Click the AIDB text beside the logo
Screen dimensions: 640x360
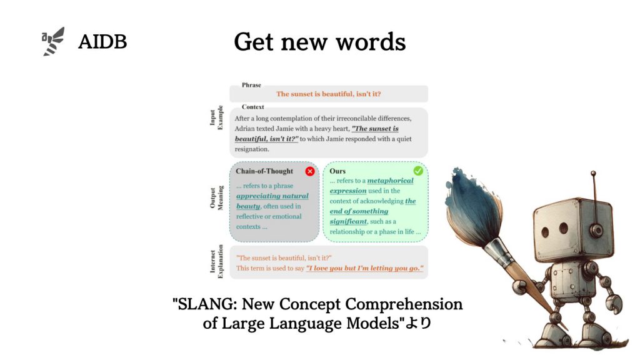point(102,42)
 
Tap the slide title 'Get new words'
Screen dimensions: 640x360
point(319,42)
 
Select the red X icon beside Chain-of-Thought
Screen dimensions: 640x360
point(310,171)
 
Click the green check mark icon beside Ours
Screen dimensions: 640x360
point(418,171)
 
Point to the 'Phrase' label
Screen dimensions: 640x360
point(251,85)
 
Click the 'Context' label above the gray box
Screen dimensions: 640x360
point(252,107)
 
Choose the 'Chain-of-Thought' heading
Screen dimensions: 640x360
point(264,171)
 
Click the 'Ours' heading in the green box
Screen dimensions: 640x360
point(337,171)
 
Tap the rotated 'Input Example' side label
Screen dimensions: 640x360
point(216,117)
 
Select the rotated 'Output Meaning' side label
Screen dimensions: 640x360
point(216,198)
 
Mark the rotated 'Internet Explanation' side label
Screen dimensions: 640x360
point(216,261)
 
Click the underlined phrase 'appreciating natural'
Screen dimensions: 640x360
point(272,196)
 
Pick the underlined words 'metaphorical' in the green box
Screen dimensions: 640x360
point(390,181)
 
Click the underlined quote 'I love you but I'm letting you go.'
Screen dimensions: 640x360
point(364,268)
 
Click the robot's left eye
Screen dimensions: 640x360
point(545,232)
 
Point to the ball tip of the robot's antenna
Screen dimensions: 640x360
point(593,174)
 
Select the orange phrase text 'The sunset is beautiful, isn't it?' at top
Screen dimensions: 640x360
point(329,94)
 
